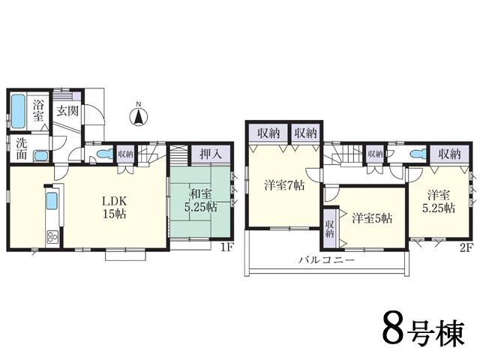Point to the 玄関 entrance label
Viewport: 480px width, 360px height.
[67, 111]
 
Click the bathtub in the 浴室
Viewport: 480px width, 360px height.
[19, 112]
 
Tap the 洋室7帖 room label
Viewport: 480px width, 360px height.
[283, 185]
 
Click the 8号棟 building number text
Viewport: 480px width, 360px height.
[424, 330]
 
